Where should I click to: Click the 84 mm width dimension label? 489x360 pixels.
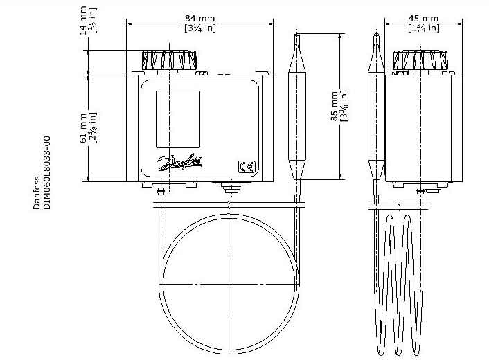tap(200, 19)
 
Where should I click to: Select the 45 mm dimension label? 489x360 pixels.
tap(423, 19)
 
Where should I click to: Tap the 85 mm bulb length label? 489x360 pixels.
tap(335, 107)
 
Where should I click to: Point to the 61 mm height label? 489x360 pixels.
tap(84, 128)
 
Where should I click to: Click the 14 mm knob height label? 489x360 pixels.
tap(83, 20)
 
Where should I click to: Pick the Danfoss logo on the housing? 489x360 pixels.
tap(180, 162)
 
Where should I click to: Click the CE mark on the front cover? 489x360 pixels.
tap(247, 167)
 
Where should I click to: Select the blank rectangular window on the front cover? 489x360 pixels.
tap(178, 119)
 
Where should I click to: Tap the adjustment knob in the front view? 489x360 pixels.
tap(169, 60)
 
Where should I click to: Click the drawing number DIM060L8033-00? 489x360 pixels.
tap(46, 172)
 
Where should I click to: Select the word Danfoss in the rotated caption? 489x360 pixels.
tap(37, 192)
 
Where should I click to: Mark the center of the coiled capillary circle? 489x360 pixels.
tap(229, 285)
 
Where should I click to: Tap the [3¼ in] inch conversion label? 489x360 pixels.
tap(200, 28)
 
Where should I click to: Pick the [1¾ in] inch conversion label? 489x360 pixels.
tap(424, 28)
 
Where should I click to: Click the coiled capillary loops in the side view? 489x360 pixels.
tap(399, 285)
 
